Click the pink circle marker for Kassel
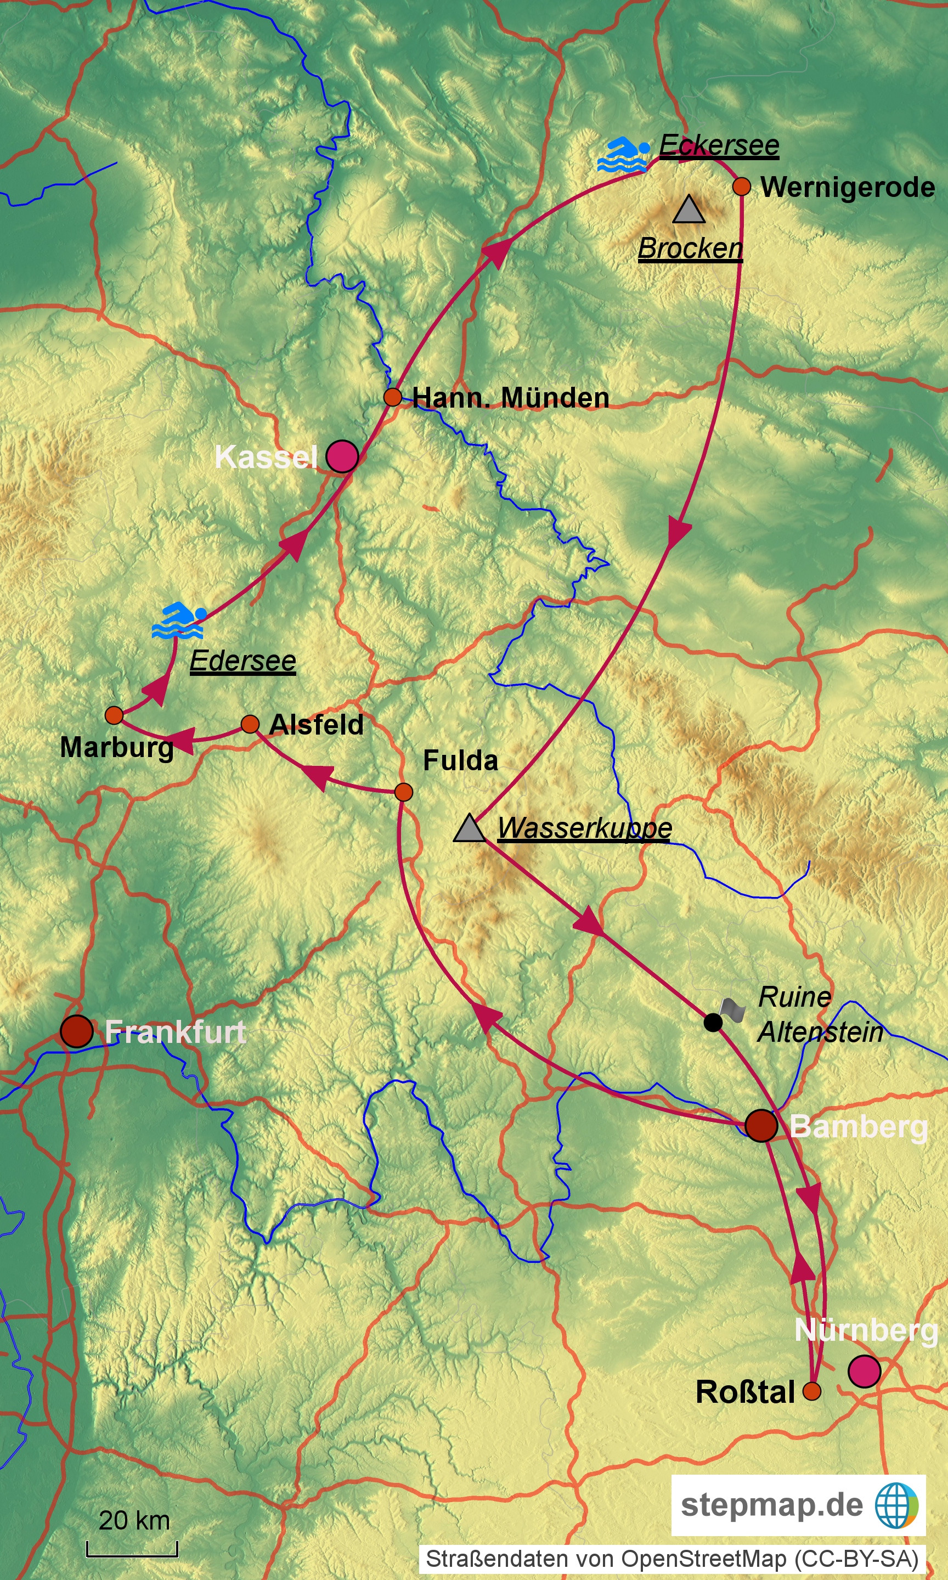(342, 456)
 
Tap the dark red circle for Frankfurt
(77, 1031)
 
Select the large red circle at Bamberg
(761, 1125)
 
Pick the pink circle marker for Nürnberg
(864, 1371)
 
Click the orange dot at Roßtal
(811, 1391)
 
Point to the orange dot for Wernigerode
(741, 187)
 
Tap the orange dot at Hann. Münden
(392, 397)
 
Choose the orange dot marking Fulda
(403, 792)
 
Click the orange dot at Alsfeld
(250, 724)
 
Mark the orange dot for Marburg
(114, 715)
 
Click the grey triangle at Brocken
(689, 210)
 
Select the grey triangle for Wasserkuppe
(470, 828)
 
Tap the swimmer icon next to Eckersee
(623, 154)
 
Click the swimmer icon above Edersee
(179, 620)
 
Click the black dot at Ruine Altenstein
(713, 1022)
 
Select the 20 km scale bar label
(134, 1520)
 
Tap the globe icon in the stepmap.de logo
(896, 1505)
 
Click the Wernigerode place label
(847, 187)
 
